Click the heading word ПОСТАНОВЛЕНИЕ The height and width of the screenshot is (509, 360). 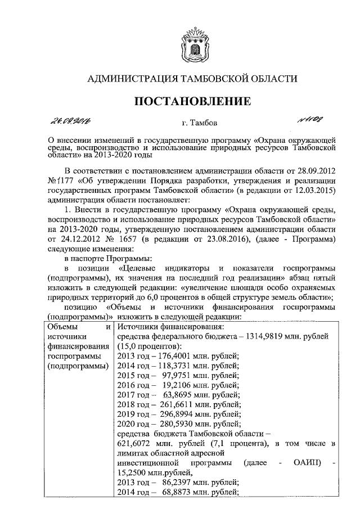coord(191,101)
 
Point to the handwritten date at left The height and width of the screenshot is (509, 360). coord(73,121)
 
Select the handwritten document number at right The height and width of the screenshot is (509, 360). coord(311,119)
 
